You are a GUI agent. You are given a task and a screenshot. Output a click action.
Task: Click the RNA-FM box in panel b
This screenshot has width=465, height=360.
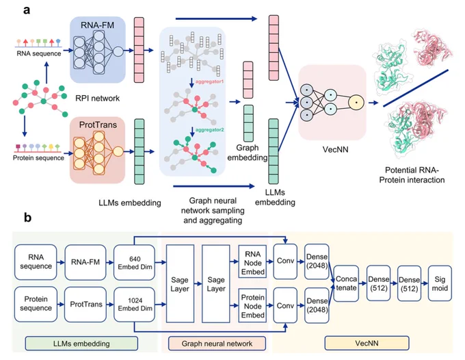point(85,262)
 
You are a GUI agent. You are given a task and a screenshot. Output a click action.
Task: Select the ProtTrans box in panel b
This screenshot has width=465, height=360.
point(85,304)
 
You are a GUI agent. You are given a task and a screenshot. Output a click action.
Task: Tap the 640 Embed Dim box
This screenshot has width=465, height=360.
point(135,262)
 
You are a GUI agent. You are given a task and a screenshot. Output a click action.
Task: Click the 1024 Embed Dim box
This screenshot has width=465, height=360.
point(135,304)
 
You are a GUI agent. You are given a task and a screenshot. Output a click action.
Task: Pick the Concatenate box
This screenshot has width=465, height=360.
point(346,283)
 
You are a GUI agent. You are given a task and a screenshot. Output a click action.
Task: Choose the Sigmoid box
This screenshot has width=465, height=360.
point(440,283)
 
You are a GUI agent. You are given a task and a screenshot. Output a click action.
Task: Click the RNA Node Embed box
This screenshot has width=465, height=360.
point(252,263)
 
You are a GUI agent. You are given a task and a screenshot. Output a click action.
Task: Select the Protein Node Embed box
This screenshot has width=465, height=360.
point(252,306)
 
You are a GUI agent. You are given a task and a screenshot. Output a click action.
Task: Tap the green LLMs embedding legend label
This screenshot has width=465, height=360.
point(81,344)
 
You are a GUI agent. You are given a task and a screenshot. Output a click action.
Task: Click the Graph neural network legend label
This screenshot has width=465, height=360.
point(217,344)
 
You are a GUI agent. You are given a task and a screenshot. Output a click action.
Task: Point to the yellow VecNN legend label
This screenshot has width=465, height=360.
point(367,344)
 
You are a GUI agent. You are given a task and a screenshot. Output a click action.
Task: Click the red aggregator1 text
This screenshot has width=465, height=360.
point(209,81)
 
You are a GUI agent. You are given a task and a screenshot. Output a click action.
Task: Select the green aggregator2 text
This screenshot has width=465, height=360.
point(210,130)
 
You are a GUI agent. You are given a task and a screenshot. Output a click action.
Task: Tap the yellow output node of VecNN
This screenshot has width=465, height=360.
point(356,103)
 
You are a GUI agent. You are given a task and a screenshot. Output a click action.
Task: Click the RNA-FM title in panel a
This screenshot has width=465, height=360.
point(98,25)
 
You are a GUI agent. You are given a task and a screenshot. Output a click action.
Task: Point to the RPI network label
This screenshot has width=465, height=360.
point(98,99)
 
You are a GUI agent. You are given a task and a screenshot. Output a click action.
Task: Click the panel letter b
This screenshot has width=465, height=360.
point(27,218)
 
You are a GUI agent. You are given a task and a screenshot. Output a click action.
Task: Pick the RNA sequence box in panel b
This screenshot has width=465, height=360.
point(36,262)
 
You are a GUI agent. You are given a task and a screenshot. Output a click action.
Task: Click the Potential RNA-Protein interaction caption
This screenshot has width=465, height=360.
point(412,175)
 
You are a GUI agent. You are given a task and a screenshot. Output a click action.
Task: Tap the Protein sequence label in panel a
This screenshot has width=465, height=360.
point(38,158)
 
